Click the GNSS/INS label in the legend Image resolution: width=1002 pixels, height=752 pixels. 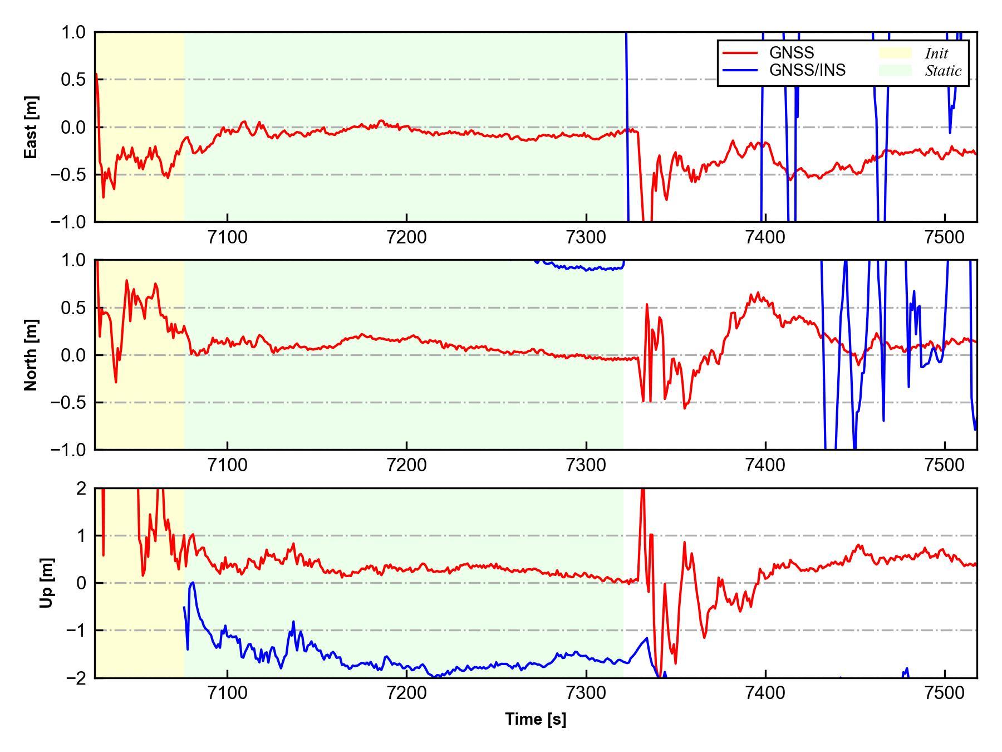point(807,70)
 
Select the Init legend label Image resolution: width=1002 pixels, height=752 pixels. point(936,53)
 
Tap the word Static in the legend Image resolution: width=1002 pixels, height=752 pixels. point(943,71)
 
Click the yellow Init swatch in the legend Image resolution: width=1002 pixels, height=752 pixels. point(895,53)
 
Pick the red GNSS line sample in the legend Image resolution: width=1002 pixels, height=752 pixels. point(740,53)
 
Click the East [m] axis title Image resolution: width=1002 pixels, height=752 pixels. point(31,127)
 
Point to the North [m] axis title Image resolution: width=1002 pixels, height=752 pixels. point(31,355)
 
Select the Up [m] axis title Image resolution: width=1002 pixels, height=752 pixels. point(47,583)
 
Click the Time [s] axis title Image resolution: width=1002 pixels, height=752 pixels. point(536,719)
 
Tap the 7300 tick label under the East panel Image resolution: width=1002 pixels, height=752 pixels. point(586,237)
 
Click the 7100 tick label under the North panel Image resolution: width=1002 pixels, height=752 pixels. point(227,465)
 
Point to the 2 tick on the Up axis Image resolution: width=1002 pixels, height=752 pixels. point(81,489)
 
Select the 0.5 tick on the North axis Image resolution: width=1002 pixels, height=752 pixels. point(73,307)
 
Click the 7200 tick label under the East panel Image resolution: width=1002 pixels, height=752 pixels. point(406,237)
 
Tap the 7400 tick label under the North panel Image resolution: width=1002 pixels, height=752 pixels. point(765,465)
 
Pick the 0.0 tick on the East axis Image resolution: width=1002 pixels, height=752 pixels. point(73,128)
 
